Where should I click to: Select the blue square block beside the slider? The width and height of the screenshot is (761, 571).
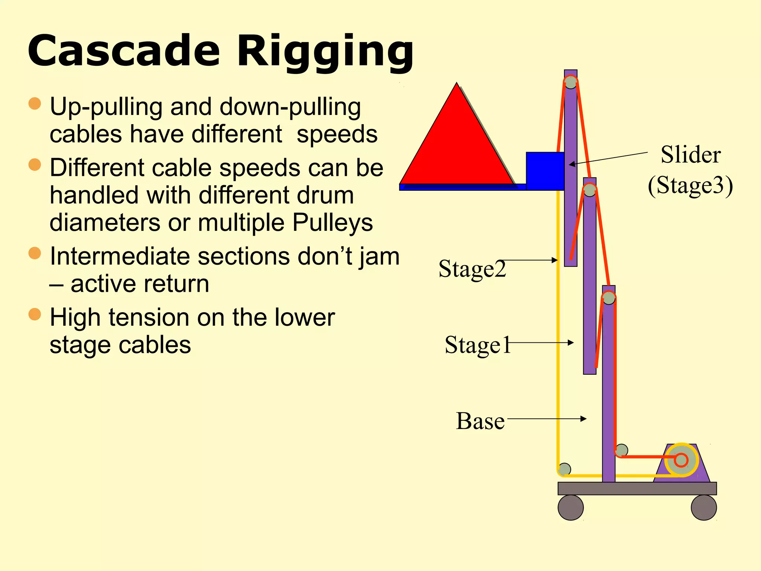[x=545, y=171]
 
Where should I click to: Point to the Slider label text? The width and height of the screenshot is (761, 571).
[x=690, y=155]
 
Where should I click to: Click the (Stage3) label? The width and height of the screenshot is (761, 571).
[x=690, y=185]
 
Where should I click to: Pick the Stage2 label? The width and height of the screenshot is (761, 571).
[x=472, y=269]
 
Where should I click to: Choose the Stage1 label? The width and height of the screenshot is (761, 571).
[x=477, y=345]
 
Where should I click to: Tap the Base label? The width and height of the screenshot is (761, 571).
[x=480, y=421]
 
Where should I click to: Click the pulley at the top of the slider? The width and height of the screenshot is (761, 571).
[x=570, y=82]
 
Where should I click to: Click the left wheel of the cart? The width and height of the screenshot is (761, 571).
[x=570, y=507]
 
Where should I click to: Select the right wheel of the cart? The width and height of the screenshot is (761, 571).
[x=703, y=507]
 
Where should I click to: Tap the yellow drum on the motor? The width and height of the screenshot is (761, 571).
[x=681, y=460]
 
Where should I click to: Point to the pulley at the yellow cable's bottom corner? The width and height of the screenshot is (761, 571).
[x=564, y=469]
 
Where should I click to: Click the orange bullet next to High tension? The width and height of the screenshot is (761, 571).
[x=35, y=314]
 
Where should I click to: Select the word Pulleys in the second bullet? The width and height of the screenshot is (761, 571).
[x=333, y=223]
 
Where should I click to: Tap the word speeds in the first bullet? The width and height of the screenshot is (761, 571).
[x=337, y=134]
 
